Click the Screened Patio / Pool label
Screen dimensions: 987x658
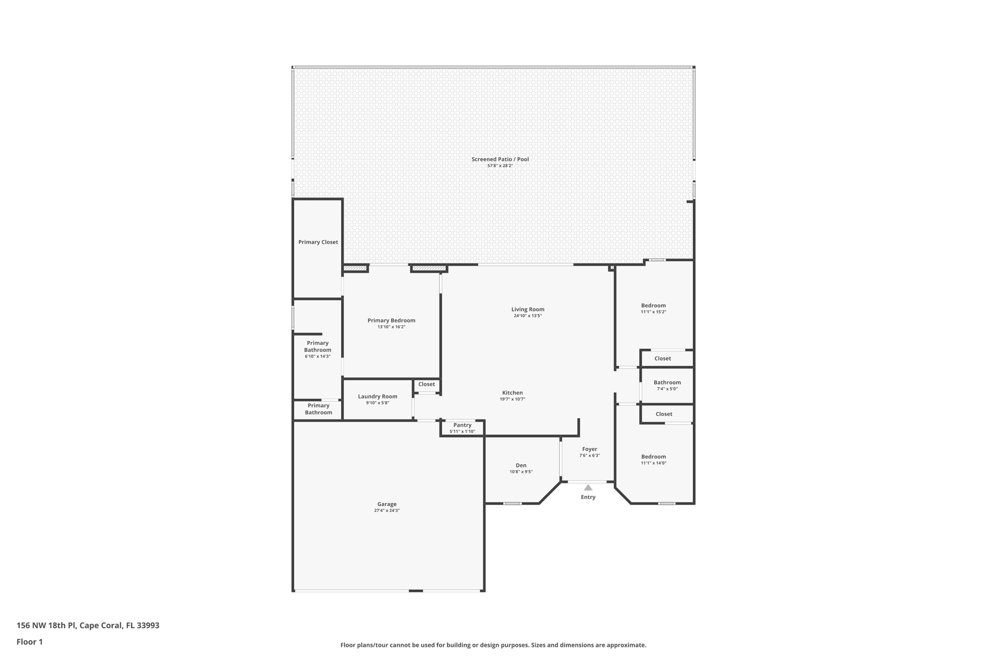(500, 159)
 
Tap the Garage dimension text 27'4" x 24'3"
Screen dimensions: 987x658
(387, 510)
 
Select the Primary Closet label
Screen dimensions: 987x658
(318, 242)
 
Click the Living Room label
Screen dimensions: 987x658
(528, 309)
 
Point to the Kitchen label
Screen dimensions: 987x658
(512, 393)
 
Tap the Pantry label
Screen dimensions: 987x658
(462, 425)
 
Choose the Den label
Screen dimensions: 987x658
(521, 466)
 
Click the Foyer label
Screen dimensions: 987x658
(589, 449)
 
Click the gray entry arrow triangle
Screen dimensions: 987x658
(588, 488)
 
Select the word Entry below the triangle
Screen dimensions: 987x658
(588, 497)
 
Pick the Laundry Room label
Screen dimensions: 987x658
(377, 396)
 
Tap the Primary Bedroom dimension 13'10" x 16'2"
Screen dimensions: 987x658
(391, 327)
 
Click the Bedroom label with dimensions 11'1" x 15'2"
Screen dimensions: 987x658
(654, 305)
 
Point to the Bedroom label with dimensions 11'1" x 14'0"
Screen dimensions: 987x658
(654, 457)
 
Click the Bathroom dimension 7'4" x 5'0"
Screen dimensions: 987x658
(667, 389)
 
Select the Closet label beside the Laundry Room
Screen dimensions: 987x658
(427, 384)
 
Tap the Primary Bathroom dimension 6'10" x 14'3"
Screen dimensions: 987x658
(318, 356)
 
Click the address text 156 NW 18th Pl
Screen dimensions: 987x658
(46, 625)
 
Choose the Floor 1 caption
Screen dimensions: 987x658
(30, 642)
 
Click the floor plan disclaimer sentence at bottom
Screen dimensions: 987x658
(493, 645)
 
